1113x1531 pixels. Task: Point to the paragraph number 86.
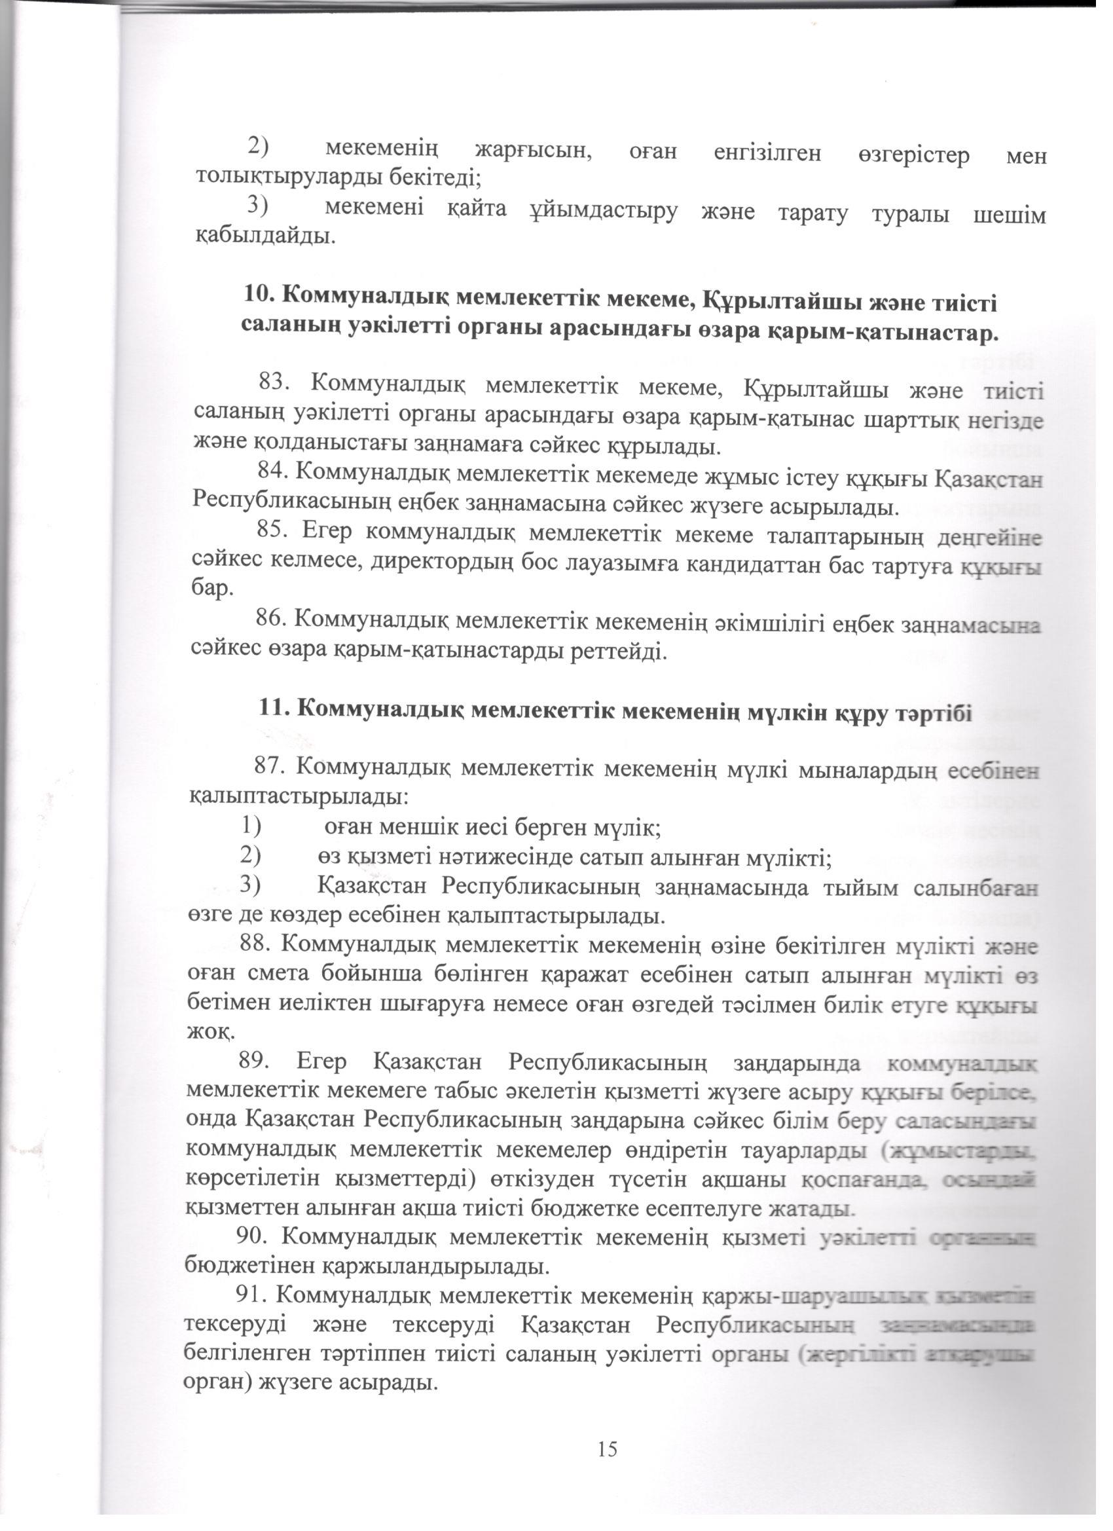[270, 618]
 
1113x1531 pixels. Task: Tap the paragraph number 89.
[254, 1063]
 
